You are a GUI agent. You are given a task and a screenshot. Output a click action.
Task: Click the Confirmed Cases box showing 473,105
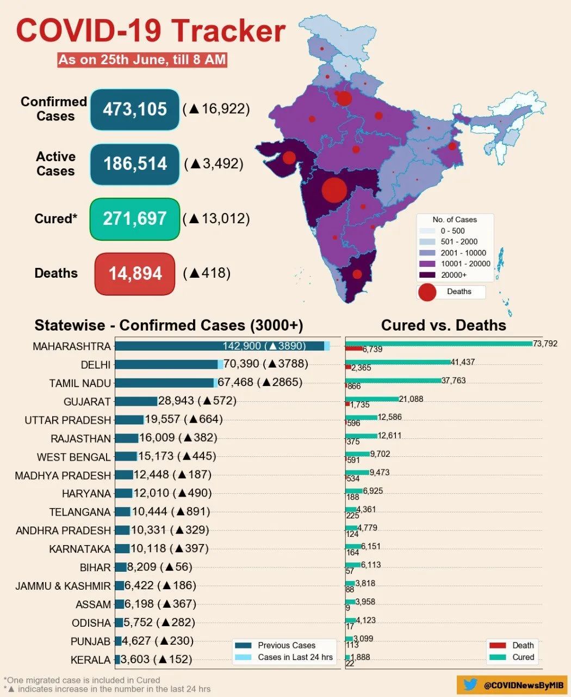135,109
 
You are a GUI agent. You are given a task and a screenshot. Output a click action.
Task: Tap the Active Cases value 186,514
135,164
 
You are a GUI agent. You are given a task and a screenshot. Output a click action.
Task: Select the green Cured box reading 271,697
135,219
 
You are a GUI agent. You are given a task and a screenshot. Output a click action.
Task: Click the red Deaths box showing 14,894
135,273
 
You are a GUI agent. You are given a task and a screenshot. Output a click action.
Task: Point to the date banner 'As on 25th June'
142,59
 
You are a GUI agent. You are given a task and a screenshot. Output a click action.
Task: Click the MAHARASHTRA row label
71,346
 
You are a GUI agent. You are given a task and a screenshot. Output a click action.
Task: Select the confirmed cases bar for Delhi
166,364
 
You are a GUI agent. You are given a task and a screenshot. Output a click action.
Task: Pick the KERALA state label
90,660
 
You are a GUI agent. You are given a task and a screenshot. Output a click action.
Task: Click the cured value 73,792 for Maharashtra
545,344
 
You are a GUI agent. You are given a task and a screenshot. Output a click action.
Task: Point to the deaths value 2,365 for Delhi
361,368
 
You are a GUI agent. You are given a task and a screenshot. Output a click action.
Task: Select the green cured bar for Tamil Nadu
393,380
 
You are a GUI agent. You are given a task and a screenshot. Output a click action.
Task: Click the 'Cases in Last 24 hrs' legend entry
295,657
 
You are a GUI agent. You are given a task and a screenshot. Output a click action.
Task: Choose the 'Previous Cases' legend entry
286,645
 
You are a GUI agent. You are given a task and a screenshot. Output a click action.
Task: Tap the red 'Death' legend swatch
498,645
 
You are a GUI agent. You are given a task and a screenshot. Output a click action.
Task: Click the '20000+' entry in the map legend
454,275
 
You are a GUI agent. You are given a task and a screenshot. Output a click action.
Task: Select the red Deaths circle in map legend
427,292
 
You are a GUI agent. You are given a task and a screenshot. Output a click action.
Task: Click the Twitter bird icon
470,685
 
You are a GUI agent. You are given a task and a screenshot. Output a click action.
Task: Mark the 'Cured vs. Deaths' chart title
443,326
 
